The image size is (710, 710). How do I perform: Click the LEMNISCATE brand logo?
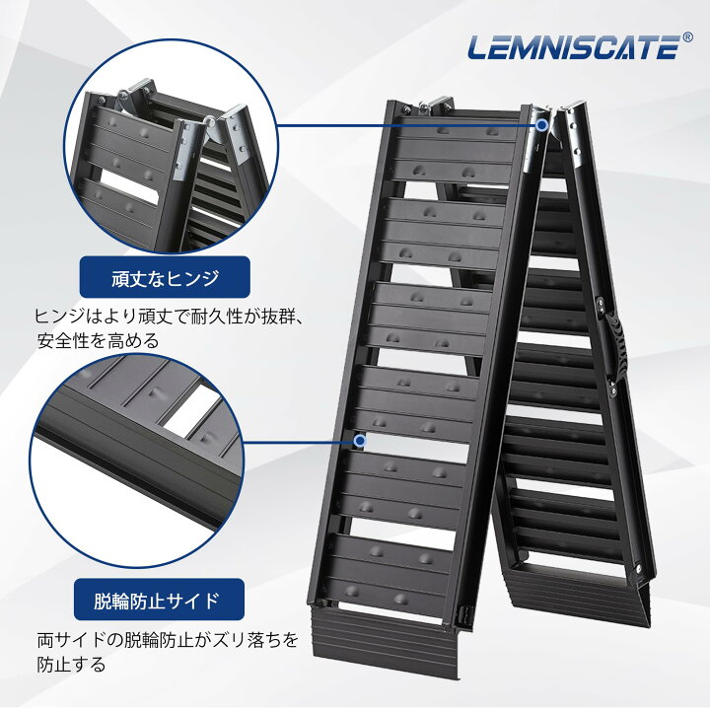click(574, 47)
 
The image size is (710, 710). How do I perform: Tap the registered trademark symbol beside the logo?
click(687, 37)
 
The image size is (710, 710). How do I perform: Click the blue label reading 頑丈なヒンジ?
click(165, 277)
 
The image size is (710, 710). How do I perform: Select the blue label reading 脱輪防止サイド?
click(159, 600)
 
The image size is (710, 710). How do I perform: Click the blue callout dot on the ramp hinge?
click(541, 125)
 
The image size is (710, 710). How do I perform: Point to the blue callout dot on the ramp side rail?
click(361, 441)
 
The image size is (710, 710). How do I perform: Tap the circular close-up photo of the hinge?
click(171, 146)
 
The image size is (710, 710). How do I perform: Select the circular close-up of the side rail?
click(137, 461)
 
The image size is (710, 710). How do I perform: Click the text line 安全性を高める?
click(99, 340)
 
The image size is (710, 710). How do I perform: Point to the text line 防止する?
click(71, 665)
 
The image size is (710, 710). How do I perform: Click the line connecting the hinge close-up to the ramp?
click(407, 125)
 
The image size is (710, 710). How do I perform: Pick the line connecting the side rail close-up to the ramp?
click(300, 442)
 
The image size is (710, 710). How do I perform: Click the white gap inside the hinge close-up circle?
click(129, 187)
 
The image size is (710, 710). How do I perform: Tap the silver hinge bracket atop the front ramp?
click(434, 106)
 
